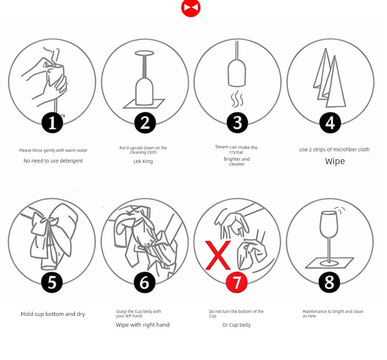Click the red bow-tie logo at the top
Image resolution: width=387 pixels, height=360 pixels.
(191, 8)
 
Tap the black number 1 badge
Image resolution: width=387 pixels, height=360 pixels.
(52, 122)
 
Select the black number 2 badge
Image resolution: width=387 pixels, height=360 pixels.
(145, 122)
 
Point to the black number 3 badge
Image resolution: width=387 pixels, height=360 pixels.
(238, 122)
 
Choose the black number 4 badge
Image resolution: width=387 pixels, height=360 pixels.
(330, 122)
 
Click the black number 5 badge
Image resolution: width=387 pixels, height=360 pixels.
(52, 282)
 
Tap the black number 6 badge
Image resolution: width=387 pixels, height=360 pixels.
(145, 282)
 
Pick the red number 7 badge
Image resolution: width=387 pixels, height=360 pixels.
(237, 282)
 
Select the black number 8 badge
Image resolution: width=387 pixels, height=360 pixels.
(329, 282)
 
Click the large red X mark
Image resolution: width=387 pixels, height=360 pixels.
(218, 255)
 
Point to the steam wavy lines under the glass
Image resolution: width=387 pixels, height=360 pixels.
(237, 99)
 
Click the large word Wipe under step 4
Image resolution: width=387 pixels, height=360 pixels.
(335, 161)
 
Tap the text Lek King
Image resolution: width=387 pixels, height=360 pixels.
(143, 161)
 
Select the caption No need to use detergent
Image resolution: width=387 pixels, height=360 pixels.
(53, 161)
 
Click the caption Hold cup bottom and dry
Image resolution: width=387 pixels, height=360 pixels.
(53, 314)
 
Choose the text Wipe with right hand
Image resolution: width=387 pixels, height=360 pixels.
(143, 325)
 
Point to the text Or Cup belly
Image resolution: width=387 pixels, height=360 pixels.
(237, 325)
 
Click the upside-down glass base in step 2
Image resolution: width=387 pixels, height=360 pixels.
(145, 53)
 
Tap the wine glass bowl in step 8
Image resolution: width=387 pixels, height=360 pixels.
(329, 224)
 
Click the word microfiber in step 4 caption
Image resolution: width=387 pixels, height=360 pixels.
(345, 149)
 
